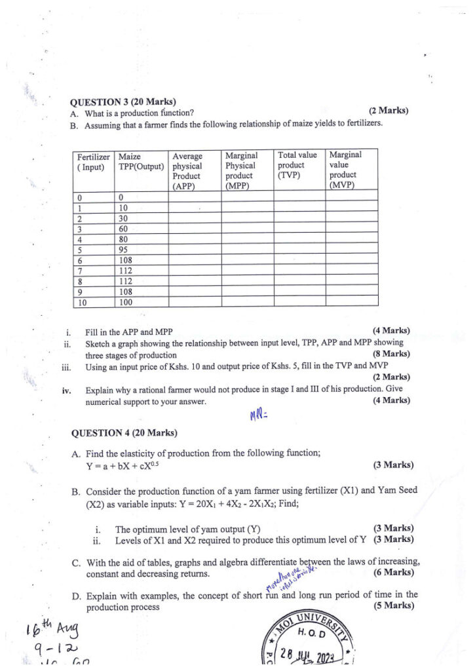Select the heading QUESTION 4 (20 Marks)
click(124, 433)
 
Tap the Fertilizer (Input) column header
click(93, 161)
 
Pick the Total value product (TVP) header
click(297, 165)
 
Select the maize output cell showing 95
click(124, 249)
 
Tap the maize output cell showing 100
click(126, 301)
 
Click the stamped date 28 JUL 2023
click(317, 655)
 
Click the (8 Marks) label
click(391, 354)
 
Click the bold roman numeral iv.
click(67, 390)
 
